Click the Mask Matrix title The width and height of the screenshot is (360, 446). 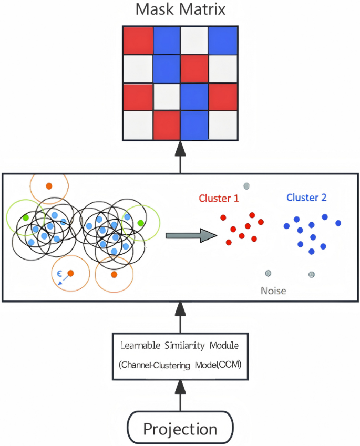pyautogui.click(x=180, y=9)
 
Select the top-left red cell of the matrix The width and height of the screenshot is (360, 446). pyautogui.click(x=138, y=39)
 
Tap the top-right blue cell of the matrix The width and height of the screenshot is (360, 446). pyautogui.click(x=223, y=39)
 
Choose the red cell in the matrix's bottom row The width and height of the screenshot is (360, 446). pyautogui.click(x=166, y=125)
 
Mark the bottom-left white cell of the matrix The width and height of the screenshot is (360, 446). pyautogui.click(x=138, y=125)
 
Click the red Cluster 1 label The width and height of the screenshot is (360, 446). pyautogui.click(x=219, y=199)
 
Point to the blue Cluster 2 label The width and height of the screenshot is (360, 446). pyautogui.click(x=306, y=198)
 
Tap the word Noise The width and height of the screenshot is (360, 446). pyautogui.click(x=273, y=290)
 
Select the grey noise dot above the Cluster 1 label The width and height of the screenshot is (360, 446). pyautogui.click(x=245, y=185)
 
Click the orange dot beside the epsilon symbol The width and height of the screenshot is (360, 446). pyautogui.click(x=70, y=273)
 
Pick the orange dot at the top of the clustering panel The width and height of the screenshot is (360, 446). pyautogui.click(x=49, y=185)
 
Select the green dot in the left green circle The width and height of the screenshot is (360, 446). pyautogui.click(x=25, y=217)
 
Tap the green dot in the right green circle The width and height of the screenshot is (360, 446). pyautogui.click(x=140, y=223)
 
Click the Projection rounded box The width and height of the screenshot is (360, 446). pyautogui.click(x=180, y=429)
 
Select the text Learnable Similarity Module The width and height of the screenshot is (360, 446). pyautogui.click(x=180, y=346)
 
